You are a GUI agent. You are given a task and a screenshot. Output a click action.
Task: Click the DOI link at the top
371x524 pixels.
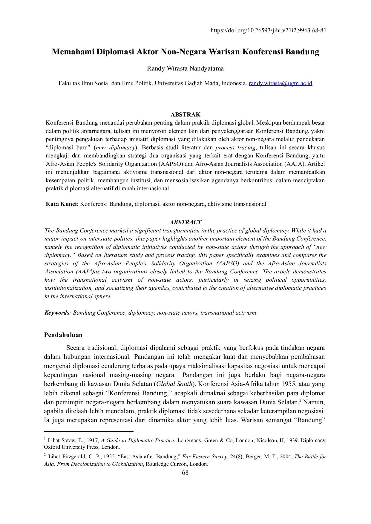268,30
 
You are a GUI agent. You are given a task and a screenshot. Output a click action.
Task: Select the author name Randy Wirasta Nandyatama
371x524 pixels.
185,68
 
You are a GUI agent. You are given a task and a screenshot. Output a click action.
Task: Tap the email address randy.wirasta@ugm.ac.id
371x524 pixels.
280,83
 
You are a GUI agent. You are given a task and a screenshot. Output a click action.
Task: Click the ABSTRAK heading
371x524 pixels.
185,114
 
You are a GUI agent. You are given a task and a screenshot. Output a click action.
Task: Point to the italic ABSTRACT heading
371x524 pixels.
185,222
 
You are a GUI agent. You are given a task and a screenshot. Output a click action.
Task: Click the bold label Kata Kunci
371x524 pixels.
61,204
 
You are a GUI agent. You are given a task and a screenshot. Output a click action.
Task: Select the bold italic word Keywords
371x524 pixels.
57,313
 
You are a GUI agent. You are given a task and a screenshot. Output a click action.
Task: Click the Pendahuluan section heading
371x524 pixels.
63,335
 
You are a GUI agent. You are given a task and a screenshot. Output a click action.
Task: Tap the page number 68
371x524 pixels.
185,473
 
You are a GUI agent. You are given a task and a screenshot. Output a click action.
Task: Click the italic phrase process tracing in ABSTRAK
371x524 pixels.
235,147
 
